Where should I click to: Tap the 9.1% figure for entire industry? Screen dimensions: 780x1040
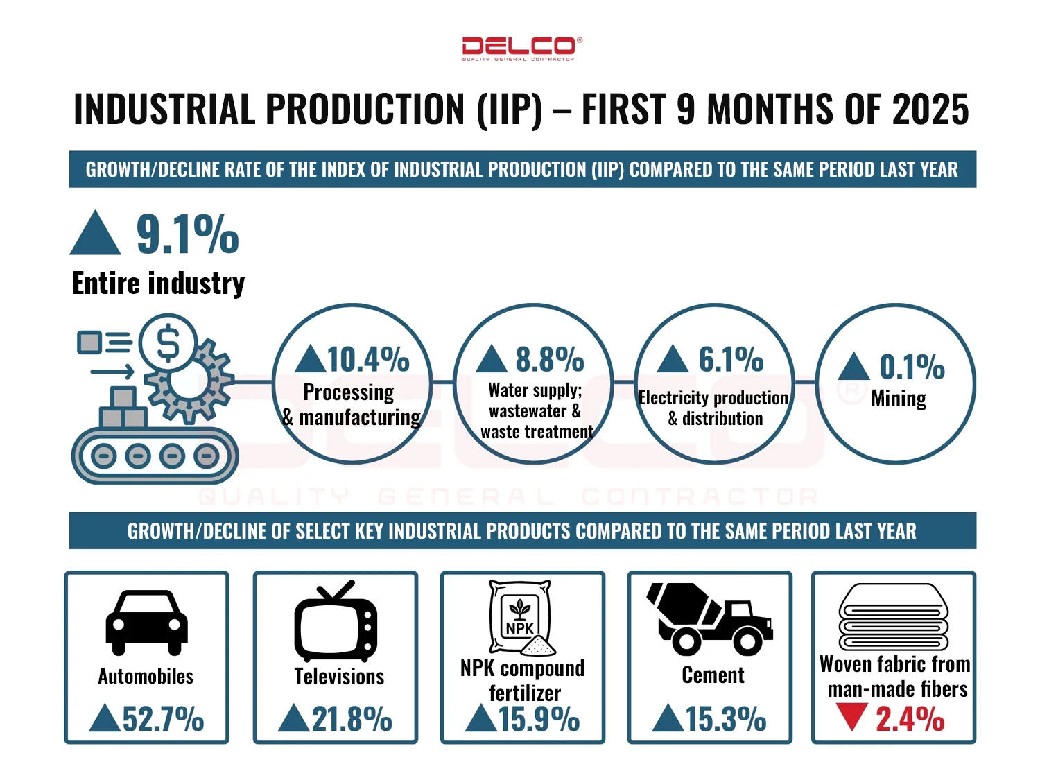tap(187, 234)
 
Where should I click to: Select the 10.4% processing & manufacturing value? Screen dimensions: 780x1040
tap(367, 359)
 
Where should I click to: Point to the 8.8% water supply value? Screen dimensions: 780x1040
tap(549, 359)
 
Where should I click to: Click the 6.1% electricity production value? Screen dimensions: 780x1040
tap(731, 359)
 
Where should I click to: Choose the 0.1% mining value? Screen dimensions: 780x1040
tap(912, 367)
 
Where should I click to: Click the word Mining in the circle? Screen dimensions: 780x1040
tap(899, 399)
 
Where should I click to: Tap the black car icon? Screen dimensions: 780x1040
tap(146, 622)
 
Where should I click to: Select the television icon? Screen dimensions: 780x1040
tap(336, 621)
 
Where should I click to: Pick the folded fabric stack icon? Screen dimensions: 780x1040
tap(893, 617)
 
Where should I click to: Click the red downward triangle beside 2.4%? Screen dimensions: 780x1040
tap(851, 717)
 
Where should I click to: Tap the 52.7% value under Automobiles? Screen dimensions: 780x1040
tap(163, 719)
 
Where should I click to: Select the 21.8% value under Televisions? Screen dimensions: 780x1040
tap(352, 719)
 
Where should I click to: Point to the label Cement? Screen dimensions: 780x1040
tap(713, 675)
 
